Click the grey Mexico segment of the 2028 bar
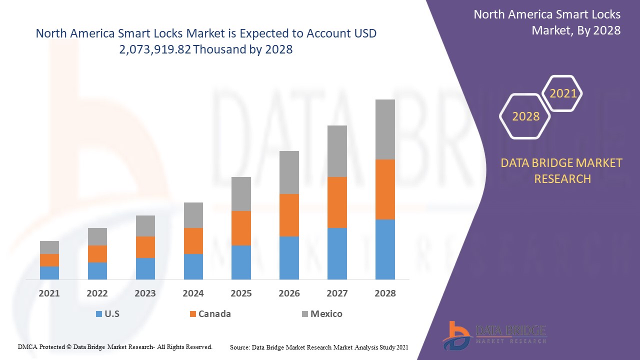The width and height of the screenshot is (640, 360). click(385, 129)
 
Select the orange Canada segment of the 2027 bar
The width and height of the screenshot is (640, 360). click(337, 202)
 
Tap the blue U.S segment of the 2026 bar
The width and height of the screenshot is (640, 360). click(289, 257)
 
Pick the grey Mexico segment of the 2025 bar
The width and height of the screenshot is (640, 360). click(241, 193)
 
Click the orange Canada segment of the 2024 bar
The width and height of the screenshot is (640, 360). click(193, 240)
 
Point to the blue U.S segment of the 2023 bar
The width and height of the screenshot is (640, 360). click(145, 268)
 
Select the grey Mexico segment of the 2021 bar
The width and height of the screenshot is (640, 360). click(49, 247)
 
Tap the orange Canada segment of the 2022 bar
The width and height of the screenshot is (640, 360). click(97, 253)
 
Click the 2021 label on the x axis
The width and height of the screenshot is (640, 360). click(49, 293)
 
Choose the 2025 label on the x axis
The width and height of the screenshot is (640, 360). click(241, 293)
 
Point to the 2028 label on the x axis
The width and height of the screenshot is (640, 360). click(385, 293)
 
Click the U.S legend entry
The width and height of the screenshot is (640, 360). click(107, 314)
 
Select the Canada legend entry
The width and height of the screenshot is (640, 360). click(210, 314)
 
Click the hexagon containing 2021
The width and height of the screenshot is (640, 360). click(563, 93)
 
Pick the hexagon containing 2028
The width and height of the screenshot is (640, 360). click(525, 116)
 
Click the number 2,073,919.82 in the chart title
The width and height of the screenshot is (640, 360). click(156, 49)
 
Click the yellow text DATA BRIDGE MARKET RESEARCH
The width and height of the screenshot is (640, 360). click(562, 170)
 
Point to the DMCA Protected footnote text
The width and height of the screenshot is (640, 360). click(115, 346)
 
